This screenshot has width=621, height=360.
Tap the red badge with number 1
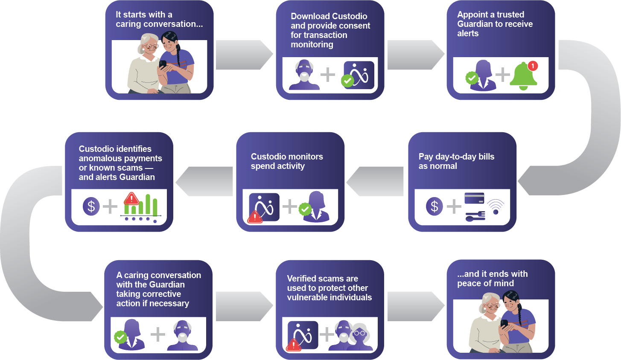pyautogui.click(x=532, y=66)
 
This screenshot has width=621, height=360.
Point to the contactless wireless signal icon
pyautogui.click(x=496, y=206)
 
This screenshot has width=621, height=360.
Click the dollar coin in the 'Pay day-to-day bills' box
pyautogui.click(x=434, y=207)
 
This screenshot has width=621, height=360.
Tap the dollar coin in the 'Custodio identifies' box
pyautogui.click(x=91, y=207)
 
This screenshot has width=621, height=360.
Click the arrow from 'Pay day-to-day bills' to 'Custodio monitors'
pyautogui.click(x=376, y=181)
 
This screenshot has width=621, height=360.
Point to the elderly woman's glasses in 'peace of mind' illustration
pyautogui.click(x=492, y=305)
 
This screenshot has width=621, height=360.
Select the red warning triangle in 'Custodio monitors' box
pyautogui.click(x=255, y=218)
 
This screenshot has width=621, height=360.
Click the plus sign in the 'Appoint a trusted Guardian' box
pyautogui.click(x=503, y=75)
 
